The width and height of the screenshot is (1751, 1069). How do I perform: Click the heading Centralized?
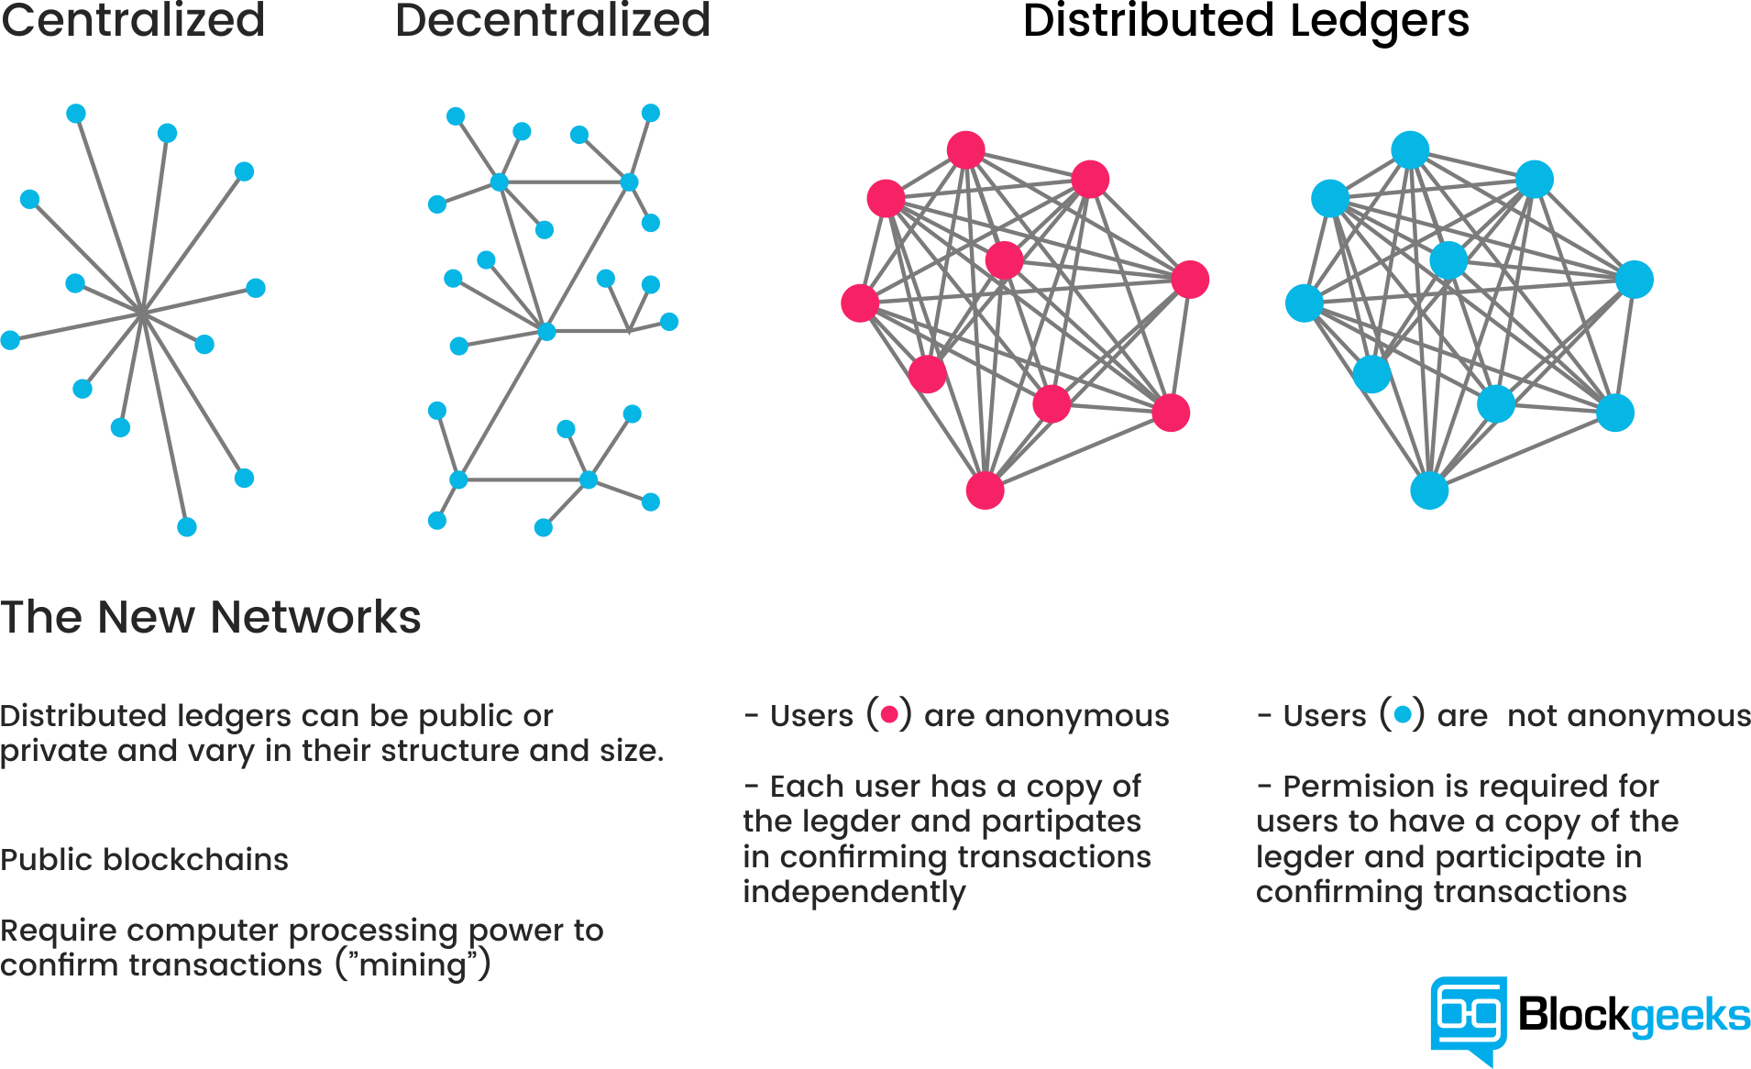[133, 20]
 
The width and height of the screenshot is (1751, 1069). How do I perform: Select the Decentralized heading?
[553, 20]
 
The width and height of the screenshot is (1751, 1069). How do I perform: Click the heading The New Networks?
[211, 616]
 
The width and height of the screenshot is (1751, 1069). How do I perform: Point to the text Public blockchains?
[144, 860]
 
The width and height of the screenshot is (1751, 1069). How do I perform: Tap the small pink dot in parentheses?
[889, 714]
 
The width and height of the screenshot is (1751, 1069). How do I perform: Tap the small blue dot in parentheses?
[1403, 714]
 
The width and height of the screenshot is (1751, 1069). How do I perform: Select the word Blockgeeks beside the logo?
[1634, 1015]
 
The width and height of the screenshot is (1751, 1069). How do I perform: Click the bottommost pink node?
[986, 490]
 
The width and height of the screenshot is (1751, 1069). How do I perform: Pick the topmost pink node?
[966, 150]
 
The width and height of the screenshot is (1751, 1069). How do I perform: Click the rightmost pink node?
[1190, 280]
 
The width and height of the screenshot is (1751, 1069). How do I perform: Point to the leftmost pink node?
[860, 303]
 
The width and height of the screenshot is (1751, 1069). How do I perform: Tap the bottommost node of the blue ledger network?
[1429, 490]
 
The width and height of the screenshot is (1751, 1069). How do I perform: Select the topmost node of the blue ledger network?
[1410, 150]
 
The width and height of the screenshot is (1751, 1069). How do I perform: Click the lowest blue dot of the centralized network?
[187, 527]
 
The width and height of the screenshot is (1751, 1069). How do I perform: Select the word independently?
[854, 892]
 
